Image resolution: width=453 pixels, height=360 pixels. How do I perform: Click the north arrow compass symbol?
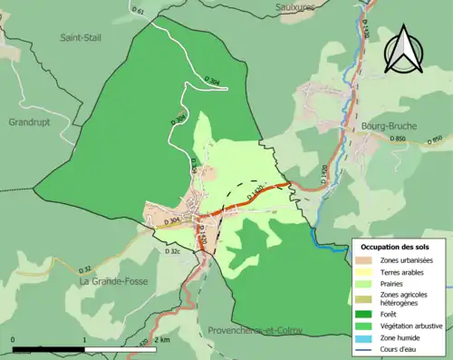click(x=404, y=46)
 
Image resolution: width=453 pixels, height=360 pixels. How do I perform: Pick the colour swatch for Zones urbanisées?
click(x=367, y=261)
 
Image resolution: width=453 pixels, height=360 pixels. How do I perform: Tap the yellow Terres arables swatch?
click(x=367, y=273)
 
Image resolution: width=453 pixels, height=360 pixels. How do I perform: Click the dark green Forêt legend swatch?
click(x=367, y=313)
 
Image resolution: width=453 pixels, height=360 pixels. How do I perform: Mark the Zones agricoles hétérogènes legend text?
click(x=404, y=299)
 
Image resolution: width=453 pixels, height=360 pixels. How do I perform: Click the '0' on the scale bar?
click(x=14, y=339)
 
